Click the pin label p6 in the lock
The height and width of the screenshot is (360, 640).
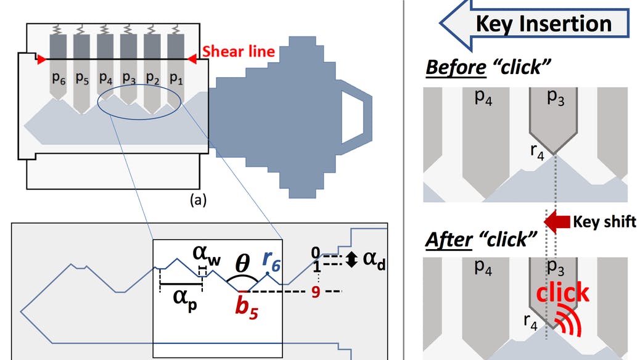(x=57, y=78)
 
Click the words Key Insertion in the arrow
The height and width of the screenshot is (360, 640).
(x=543, y=23)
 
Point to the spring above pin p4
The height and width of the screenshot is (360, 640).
(x=106, y=29)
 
